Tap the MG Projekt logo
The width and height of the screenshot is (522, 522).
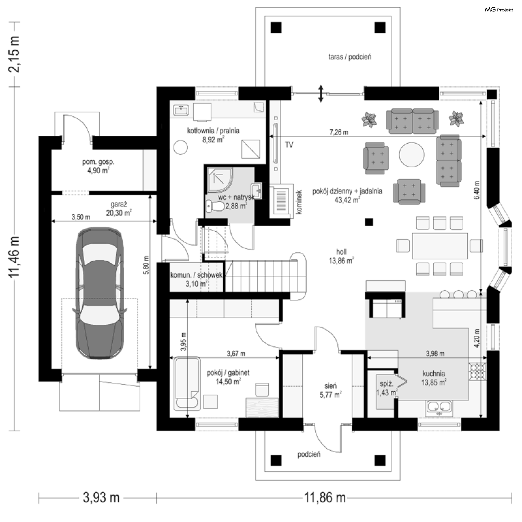pyautogui.click(x=499, y=10)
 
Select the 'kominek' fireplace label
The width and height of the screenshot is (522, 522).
pyautogui.click(x=299, y=202)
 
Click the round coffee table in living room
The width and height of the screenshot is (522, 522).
pyautogui.click(x=412, y=155)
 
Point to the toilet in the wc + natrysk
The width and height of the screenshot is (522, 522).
pyautogui.click(x=215, y=207)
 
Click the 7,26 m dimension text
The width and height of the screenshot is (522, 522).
pyautogui.click(x=338, y=132)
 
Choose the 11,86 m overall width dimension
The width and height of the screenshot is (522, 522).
pyautogui.click(x=325, y=498)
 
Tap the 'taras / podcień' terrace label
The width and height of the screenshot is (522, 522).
pyautogui.click(x=350, y=57)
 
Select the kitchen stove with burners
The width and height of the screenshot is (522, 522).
pyautogui.click(x=477, y=371)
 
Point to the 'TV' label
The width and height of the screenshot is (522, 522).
pyautogui.click(x=289, y=145)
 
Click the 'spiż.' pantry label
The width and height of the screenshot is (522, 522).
pyautogui.click(x=386, y=384)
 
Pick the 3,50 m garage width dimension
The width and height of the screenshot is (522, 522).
pyautogui.click(x=81, y=217)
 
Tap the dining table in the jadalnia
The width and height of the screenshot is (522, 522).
pyautogui.click(x=440, y=246)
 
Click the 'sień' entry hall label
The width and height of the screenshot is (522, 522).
pyautogui.click(x=330, y=386)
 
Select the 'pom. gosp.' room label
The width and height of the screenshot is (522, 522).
pyautogui.click(x=98, y=162)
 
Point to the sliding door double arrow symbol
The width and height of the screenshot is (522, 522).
pyautogui.click(x=321, y=94)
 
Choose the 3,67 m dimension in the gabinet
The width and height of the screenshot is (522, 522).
pyautogui.click(x=236, y=354)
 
